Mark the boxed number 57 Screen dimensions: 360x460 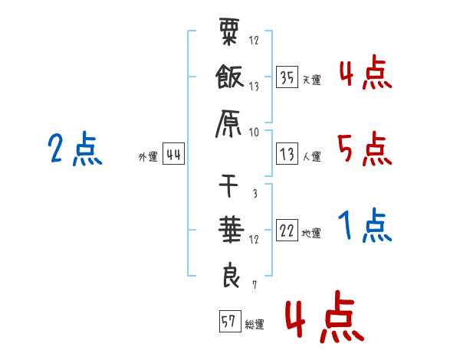click(x=228, y=322)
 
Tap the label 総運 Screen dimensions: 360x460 click(x=255, y=324)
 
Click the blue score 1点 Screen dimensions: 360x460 click(x=364, y=226)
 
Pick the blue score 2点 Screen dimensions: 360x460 click(x=74, y=149)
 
